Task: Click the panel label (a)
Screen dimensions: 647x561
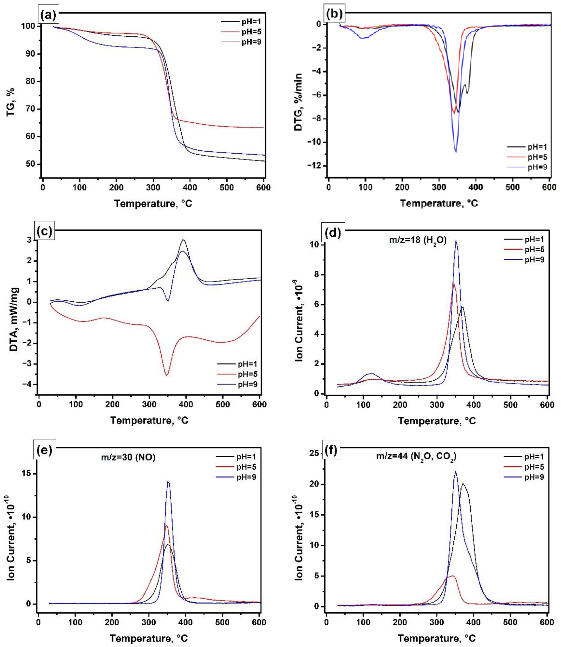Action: pos(48,15)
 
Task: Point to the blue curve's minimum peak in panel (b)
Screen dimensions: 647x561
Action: pos(456,153)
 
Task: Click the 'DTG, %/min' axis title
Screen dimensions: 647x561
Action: pos(298,102)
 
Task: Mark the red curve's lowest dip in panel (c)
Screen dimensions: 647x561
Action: pos(167,375)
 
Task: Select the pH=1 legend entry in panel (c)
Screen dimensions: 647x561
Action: pos(247,364)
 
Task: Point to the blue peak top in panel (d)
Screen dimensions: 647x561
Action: pos(456,241)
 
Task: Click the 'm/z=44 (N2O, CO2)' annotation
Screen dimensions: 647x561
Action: pos(416,456)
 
